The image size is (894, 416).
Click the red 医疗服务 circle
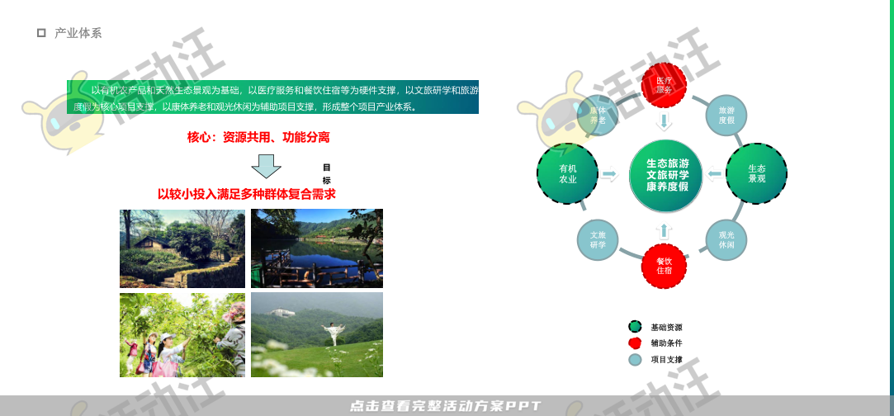(x=665, y=85)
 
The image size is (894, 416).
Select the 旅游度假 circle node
(x=726, y=115)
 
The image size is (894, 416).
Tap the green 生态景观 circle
(x=756, y=173)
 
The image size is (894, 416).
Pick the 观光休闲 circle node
(x=726, y=239)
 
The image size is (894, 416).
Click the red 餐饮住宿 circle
(x=665, y=266)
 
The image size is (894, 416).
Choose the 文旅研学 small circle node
(x=598, y=239)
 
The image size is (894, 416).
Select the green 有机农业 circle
(x=567, y=173)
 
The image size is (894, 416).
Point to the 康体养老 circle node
(x=598, y=115)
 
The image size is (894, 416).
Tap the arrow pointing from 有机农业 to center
(x=610, y=174)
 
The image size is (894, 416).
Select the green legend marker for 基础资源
(x=635, y=327)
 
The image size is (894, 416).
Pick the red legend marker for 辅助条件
(x=635, y=343)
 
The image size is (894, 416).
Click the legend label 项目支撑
(x=667, y=359)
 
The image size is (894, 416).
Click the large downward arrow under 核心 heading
(x=266, y=166)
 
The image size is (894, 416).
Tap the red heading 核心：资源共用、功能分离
(x=258, y=137)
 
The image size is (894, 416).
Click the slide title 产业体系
(x=78, y=33)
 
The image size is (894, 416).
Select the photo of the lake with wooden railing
(x=317, y=248)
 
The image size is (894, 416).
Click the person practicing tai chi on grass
(x=333, y=334)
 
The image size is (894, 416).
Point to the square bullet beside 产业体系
(x=41, y=33)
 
